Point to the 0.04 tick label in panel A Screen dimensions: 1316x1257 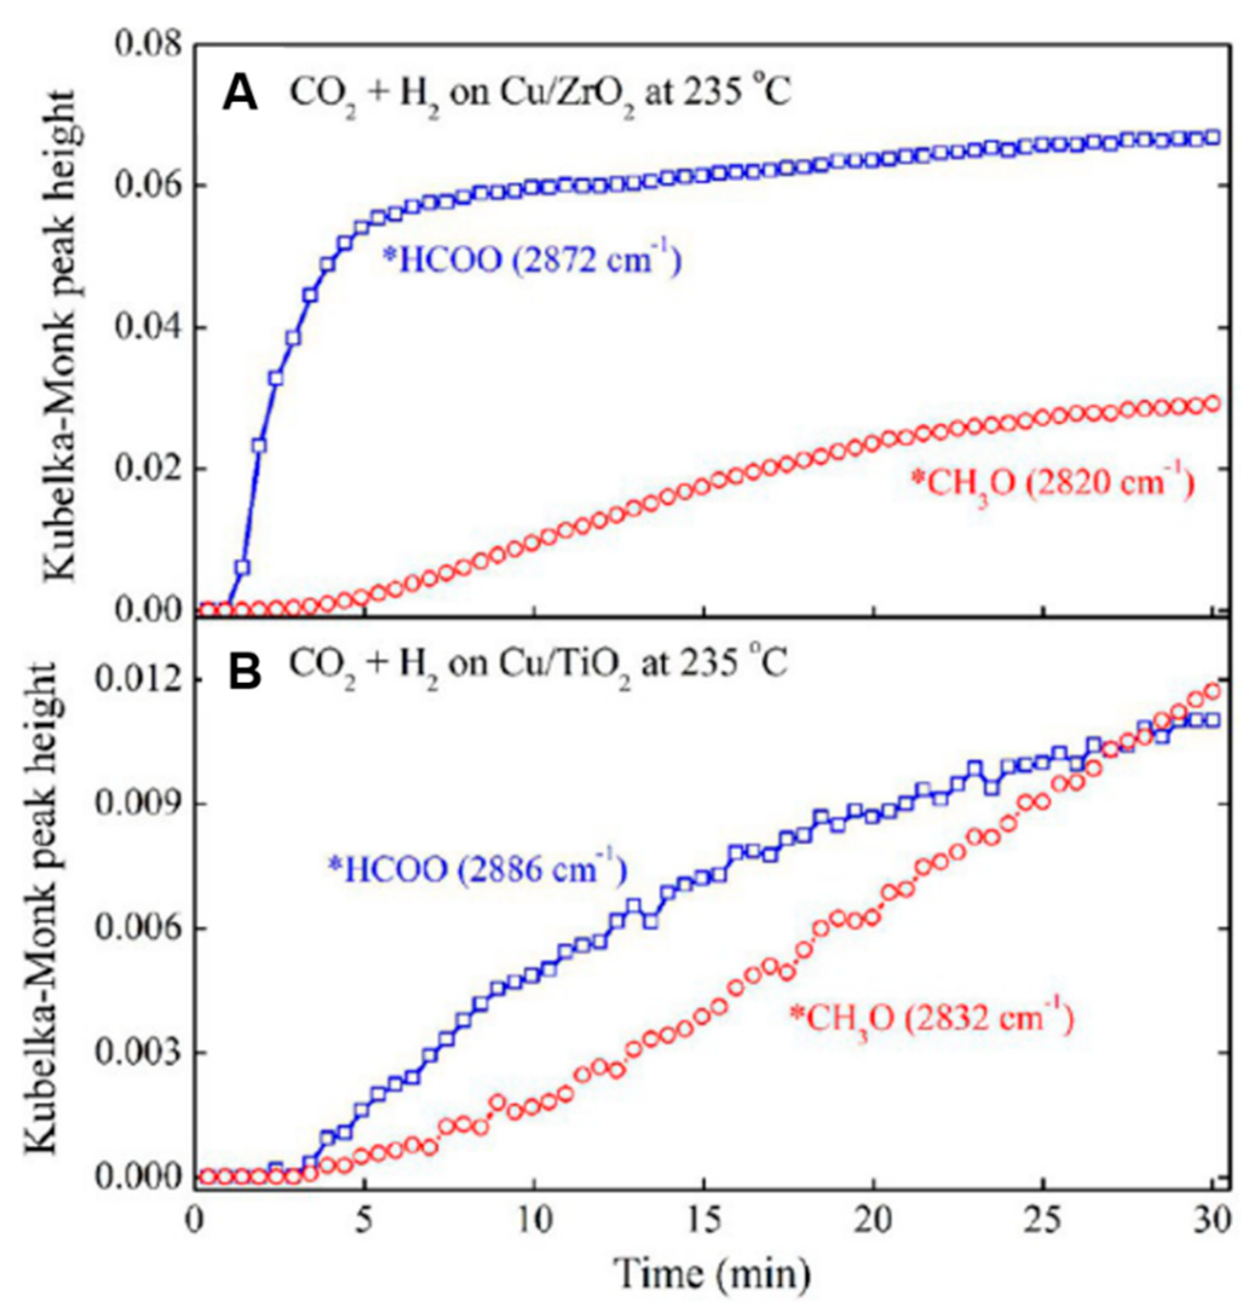(x=148, y=328)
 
